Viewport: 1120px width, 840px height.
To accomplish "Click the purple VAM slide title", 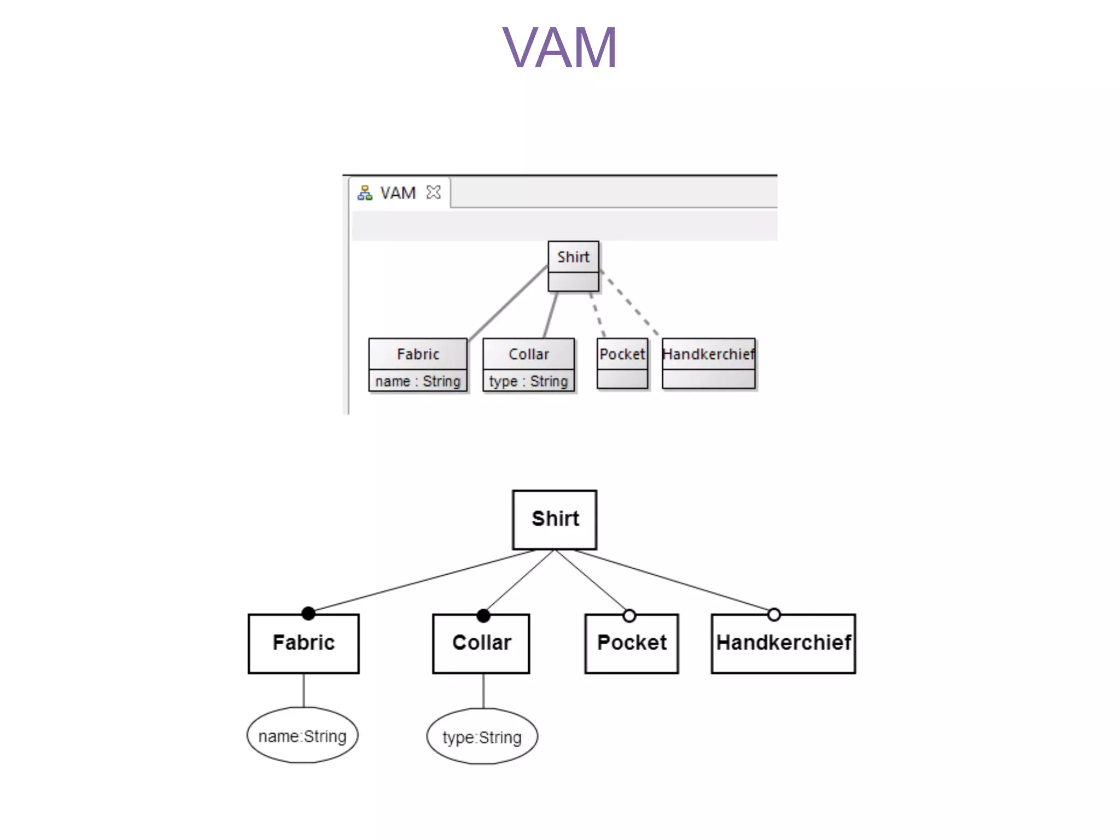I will (559, 48).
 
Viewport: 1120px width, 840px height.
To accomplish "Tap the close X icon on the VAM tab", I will (433, 192).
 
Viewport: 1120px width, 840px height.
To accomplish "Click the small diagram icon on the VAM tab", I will (365, 193).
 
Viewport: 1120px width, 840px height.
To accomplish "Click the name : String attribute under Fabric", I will (418, 381).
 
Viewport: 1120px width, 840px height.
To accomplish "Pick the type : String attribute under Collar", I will (528, 381).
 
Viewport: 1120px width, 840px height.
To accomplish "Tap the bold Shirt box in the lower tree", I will (555, 519).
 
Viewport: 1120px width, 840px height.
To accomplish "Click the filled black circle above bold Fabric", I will (308, 614).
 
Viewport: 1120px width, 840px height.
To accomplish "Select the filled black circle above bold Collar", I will (483, 616).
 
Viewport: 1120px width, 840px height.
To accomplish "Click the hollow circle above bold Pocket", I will (629, 616).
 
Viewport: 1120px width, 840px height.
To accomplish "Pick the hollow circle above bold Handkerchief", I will (774, 615).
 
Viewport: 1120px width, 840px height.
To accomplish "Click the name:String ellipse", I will (302, 736).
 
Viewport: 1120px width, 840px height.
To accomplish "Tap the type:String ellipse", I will (482, 737).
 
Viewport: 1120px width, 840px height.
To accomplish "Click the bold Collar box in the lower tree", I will (481, 643).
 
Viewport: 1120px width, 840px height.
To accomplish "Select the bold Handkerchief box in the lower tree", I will (783, 643).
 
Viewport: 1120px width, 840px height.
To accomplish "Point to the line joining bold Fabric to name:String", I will (304, 690).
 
